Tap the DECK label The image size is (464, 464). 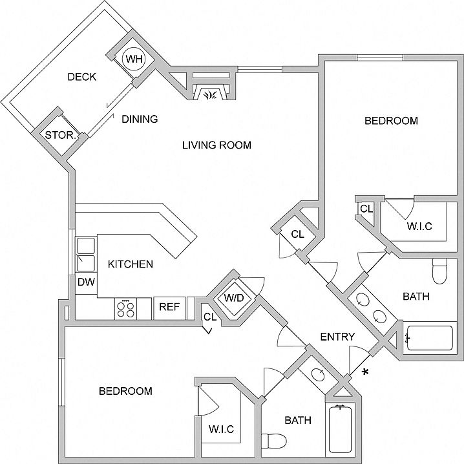coord(82,77)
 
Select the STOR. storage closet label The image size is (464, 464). coord(61,136)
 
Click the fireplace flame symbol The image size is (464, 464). coord(211,95)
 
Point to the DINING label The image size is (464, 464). coord(140,119)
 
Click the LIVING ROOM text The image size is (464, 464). coord(216,145)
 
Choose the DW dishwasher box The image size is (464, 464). coord(86,282)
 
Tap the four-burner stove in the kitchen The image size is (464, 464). coord(126,308)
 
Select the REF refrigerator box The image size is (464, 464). coord(169,307)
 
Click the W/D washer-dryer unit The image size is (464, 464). coord(234,298)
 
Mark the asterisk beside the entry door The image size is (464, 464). coord(366,372)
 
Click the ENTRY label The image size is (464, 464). coord(337,337)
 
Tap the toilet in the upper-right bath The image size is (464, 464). coord(439,271)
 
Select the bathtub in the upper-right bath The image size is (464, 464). coord(430,338)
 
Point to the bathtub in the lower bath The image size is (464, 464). coord(341,429)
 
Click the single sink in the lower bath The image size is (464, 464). coord(318,374)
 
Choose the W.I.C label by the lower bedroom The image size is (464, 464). coord(222,429)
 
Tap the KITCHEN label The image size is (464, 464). coord(130,264)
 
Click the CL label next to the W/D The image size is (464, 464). coord(210,317)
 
